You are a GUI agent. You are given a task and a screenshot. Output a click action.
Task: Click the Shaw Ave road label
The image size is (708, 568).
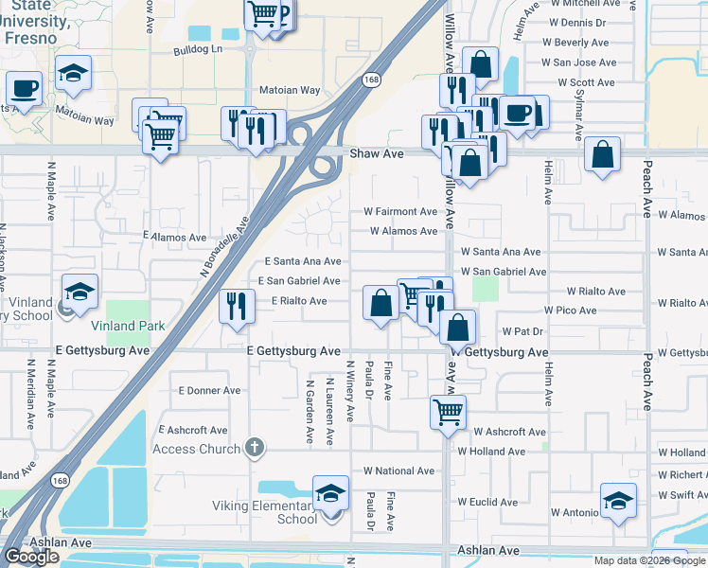point(376,153)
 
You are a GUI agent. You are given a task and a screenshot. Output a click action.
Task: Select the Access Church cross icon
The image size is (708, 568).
point(253,447)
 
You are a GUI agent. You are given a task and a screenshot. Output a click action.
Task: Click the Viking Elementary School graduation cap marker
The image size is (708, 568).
point(330,493)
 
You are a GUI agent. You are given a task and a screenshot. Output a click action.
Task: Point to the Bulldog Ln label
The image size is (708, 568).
point(197,49)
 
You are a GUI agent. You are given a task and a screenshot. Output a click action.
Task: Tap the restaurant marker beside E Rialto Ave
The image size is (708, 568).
point(236,306)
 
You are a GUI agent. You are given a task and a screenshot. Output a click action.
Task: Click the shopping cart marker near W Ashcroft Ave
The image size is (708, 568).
point(447,411)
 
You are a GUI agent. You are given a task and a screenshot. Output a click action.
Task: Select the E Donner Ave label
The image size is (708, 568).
point(209,390)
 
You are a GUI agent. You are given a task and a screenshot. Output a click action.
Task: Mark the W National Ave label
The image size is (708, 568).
point(398,470)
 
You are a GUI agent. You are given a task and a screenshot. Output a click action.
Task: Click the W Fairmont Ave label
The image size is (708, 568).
point(400,212)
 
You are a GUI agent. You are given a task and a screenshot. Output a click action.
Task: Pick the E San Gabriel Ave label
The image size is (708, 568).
point(301,281)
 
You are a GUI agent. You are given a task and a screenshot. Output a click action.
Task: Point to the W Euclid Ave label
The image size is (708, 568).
point(491,502)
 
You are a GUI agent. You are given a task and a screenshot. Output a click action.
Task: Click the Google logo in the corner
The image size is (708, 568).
point(31,557)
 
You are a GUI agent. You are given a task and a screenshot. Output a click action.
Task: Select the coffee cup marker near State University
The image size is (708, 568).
point(24,89)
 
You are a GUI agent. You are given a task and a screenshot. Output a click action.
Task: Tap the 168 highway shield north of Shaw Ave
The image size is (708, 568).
point(373,81)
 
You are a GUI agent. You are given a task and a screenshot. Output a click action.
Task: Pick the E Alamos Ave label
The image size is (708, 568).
point(175,238)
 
